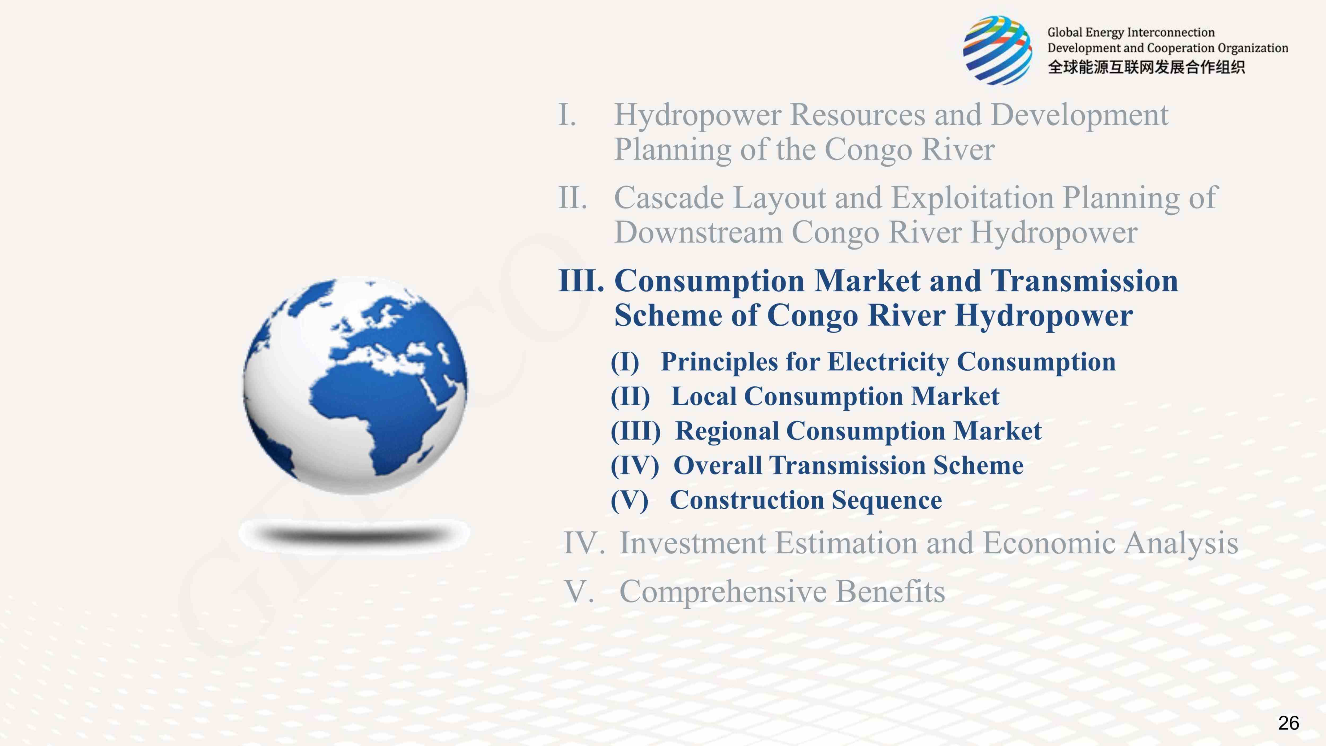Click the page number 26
tap(1288, 723)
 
